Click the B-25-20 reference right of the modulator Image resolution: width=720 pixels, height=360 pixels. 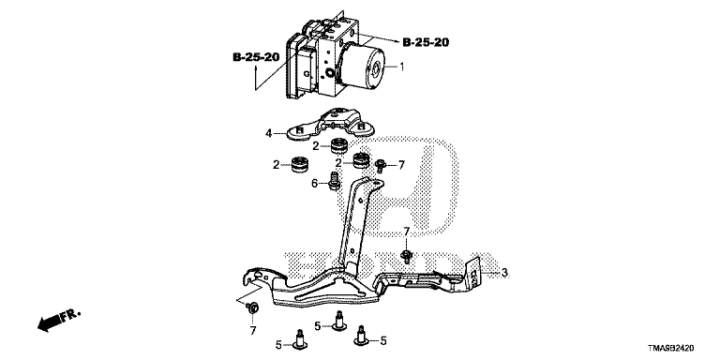pyautogui.click(x=426, y=43)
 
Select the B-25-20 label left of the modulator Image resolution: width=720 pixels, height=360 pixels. pyautogui.click(x=256, y=57)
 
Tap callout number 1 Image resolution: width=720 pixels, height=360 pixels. pyautogui.click(x=402, y=67)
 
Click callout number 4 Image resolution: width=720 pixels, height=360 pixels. pyautogui.click(x=268, y=134)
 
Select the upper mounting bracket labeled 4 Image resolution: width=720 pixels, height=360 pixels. pyautogui.click(x=330, y=124)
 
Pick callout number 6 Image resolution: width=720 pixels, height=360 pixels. pyautogui.click(x=315, y=184)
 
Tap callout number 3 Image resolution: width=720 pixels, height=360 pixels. pyautogui.click(x=504, y=273)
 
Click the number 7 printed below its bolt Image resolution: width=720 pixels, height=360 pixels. pyautogui.click(x=252, y=330)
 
